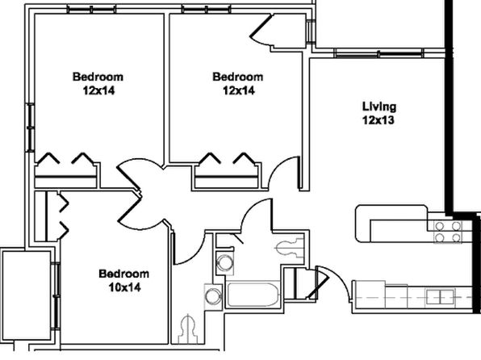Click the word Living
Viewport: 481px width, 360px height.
click(379, 107)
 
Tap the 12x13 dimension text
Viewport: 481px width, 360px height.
click(379, 120)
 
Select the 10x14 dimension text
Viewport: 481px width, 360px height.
click(125, 287)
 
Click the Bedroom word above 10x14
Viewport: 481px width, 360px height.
click(124, 274)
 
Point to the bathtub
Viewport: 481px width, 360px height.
click(253, 295)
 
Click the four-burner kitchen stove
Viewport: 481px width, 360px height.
click(448, 232)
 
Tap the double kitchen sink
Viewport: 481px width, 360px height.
click(441, 297)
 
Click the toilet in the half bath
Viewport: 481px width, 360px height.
click(187, 329)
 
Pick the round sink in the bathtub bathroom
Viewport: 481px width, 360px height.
click(224, 263)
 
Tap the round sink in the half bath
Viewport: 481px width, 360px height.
click(213, 296)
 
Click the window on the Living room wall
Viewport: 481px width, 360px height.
click(379, 53)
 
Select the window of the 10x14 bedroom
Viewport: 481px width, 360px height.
click(56, 296)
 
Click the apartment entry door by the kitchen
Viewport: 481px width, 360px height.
click(333, 283)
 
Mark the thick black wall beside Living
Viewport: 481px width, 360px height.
click(449, 107)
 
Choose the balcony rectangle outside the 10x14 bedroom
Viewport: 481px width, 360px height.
click(26, 295)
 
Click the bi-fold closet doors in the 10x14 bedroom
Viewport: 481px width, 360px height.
click(63, 215)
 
